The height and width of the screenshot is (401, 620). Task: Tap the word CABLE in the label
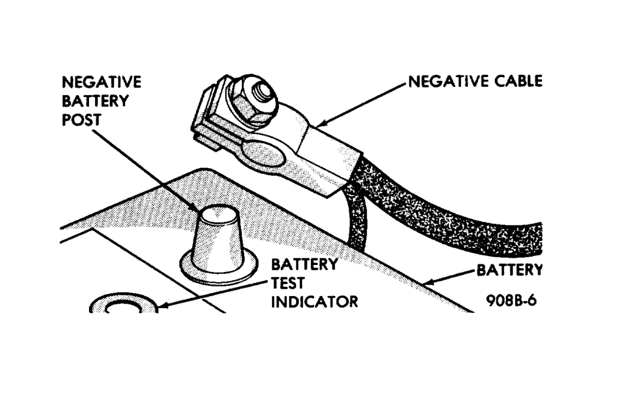[x=518, y=81]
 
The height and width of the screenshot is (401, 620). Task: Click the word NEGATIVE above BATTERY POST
[x=102, y=82]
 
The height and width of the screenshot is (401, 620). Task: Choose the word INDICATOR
[x=314, y=302]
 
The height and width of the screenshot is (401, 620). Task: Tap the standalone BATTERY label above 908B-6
[x=510, y=270]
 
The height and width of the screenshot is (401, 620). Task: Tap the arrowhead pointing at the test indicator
[x=163, y=305]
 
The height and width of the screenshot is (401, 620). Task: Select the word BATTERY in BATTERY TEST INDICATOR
[x=304, y=264]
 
